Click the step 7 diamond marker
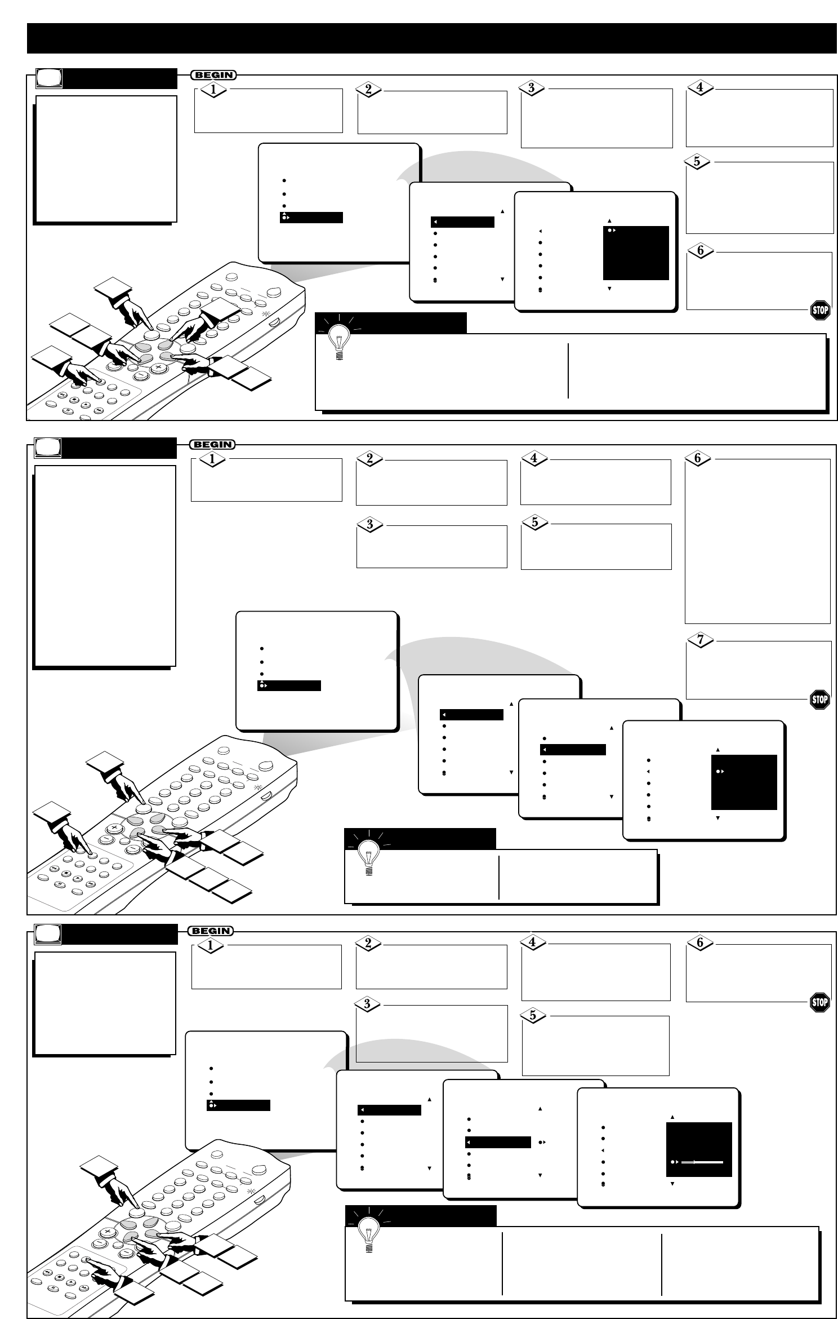[x=701, y=640]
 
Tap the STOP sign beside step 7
[x=819, y=700]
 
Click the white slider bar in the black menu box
[x=702, y=1162]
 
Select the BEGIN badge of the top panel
[x=214, y=75]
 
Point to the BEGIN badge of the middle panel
[x=213, y=444]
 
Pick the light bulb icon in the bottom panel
[x=369, y=1234]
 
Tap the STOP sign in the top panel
[x=820, y=310]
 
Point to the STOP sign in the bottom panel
[x=819, y=1002]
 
